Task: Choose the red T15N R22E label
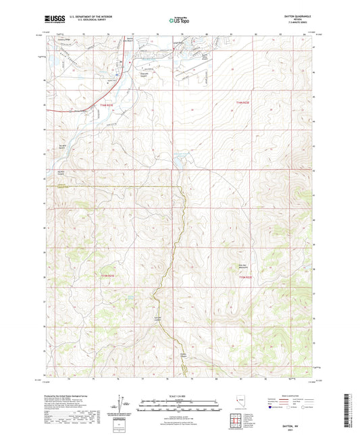[244, 277]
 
